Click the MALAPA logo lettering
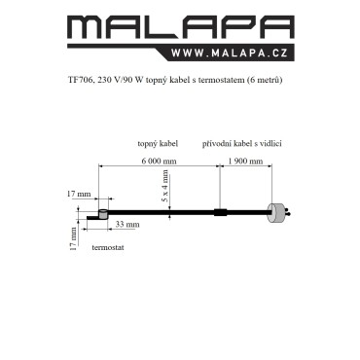(x=181, y=27)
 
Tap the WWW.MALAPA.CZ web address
(x=230, y=54)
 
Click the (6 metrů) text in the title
(x=265, y=81)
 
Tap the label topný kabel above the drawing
(x=158, y=144)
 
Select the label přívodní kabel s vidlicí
(x=242, y=144)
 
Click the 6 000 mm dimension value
(x=159, y=161)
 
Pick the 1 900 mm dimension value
(x=245, y=161)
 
